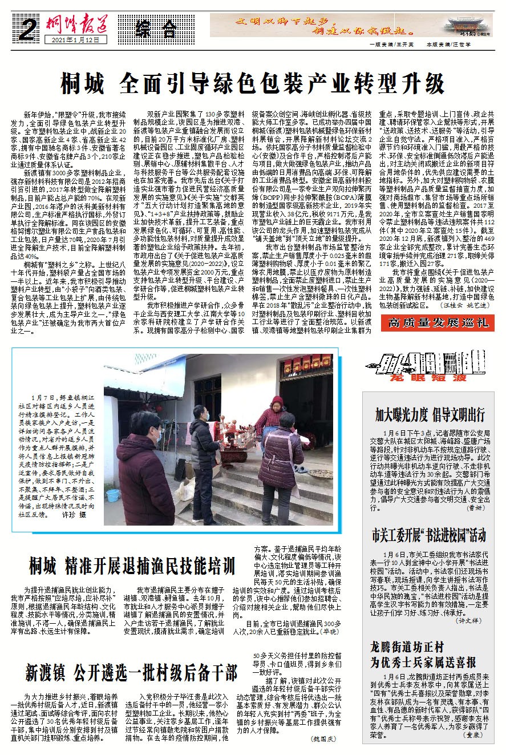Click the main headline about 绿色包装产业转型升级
click(252, 83)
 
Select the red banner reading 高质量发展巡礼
click(438, 322)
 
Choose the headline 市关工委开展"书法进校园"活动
click(429, 535)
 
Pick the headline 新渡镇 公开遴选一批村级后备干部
click(131, 672)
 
